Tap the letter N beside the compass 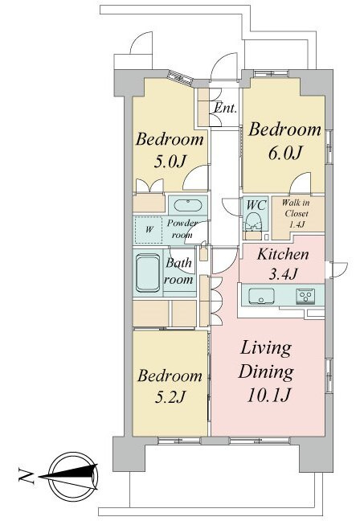[x=27, y=476]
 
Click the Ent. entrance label [x=226, y=108]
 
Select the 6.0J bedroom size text [x=284, y=153]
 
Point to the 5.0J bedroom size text [x=169, y=162]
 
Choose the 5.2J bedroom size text [x=170, y=396]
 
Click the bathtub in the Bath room [x=148, y=273]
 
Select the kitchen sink [x=262, y=296]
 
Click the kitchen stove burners [x=305, y=295]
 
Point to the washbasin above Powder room [x=188, y=205]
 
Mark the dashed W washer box [x=149, y=230]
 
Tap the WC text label [x=256, y=205]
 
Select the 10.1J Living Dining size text [x=269, y=396]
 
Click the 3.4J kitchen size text [x=284, y=275]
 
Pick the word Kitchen [x=283, y=255]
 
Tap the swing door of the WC [x=231, y=207]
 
